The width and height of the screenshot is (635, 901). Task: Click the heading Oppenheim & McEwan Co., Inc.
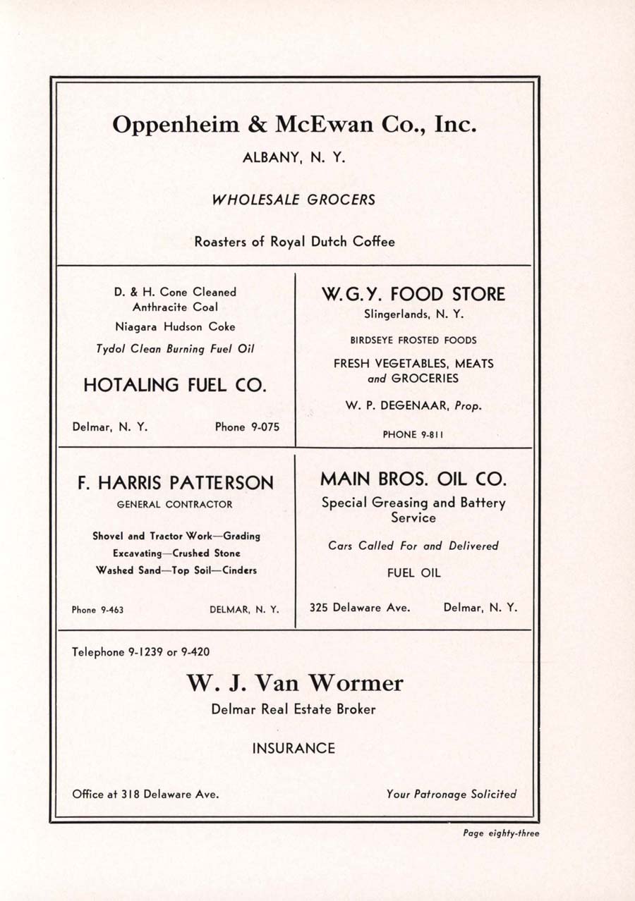tap(295, 125)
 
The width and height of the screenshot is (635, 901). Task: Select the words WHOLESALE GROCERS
tap(294, 200)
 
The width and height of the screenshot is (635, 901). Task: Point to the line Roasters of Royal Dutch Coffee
tap(294, 242)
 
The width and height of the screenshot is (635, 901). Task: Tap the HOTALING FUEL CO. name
tap(175, 385)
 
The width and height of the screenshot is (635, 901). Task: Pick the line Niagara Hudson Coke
tap(175, 327)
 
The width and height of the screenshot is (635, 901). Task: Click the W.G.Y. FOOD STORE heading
tap(413, 294)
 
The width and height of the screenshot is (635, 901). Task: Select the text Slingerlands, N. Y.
tap(413, 315)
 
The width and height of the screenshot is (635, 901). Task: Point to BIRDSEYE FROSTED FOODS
tap(413, 340)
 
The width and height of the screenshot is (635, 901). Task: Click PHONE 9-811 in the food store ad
tap(413, 435)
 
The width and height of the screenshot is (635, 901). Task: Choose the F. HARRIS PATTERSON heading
tap(175, 483)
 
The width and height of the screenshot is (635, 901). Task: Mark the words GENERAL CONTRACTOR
tap(175, 505)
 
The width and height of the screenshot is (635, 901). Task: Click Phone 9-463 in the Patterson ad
tap(97, 610)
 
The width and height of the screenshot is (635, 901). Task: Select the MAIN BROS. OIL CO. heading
tap(413, 479)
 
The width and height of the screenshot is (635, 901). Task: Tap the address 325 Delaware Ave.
tap(359, 607)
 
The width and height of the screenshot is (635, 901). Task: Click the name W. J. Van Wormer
tap(295, 683)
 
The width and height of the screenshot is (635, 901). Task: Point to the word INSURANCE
tap(294, 749)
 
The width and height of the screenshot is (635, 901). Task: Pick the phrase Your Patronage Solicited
tap(452, 794)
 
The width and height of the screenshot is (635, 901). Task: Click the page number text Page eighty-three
tap(501, 833)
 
